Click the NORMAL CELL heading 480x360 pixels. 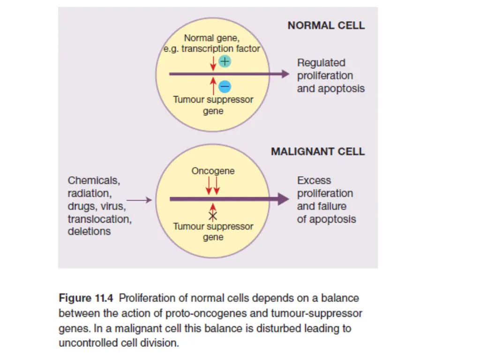point(326,25)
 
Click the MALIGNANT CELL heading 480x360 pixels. point(317,151)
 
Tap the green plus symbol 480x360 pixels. point(225,61)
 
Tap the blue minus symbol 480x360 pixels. point(225,87)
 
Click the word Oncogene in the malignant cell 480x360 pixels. point(213,171)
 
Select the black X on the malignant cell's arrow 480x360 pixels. point(213,216)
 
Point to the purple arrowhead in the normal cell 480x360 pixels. point(285,74)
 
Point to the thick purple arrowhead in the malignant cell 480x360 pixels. point(283,199)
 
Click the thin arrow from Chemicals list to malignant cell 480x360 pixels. point(140,200)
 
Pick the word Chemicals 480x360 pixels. point(94,180)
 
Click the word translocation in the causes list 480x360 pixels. point(99,219)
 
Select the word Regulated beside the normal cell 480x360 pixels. point(321,63)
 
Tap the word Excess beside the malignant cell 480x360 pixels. point(314,180)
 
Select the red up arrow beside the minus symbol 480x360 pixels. point(213,86)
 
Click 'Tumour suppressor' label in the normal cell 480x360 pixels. point(213,99)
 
